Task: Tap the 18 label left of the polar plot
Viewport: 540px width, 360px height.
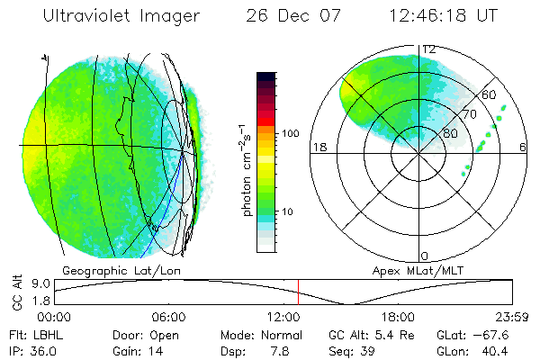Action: pos(318,147)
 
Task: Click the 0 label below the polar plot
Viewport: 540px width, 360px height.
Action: pos(426,256)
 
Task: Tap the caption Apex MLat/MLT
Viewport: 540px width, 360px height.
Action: pos(423,270)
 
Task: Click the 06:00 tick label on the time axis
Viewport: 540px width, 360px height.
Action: pos(168,318)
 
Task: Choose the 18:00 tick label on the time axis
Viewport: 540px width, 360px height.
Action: pos(397,318)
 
